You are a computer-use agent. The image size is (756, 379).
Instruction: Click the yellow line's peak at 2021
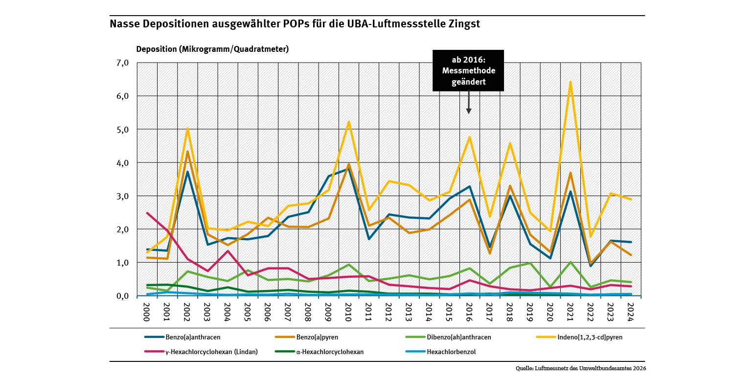(570, 82)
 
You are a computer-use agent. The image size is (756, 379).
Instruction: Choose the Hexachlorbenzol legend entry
(451, 351)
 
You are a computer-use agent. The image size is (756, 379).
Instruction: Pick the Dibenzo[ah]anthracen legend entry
(458, 337)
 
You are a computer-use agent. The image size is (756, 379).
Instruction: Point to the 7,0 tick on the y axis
(122, 63)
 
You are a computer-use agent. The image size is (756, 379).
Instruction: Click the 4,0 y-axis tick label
(122, 162)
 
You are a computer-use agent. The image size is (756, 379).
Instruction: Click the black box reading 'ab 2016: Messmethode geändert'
(468, 70)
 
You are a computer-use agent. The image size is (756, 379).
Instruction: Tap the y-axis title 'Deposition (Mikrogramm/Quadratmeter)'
(212, 49)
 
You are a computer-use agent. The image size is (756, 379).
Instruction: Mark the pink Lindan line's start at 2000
(147, 213)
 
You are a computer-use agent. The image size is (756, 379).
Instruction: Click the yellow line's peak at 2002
(187, 129)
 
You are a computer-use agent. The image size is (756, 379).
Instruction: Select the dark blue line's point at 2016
(469, 186)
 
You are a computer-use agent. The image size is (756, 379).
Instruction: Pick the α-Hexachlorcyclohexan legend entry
(330, 351)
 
